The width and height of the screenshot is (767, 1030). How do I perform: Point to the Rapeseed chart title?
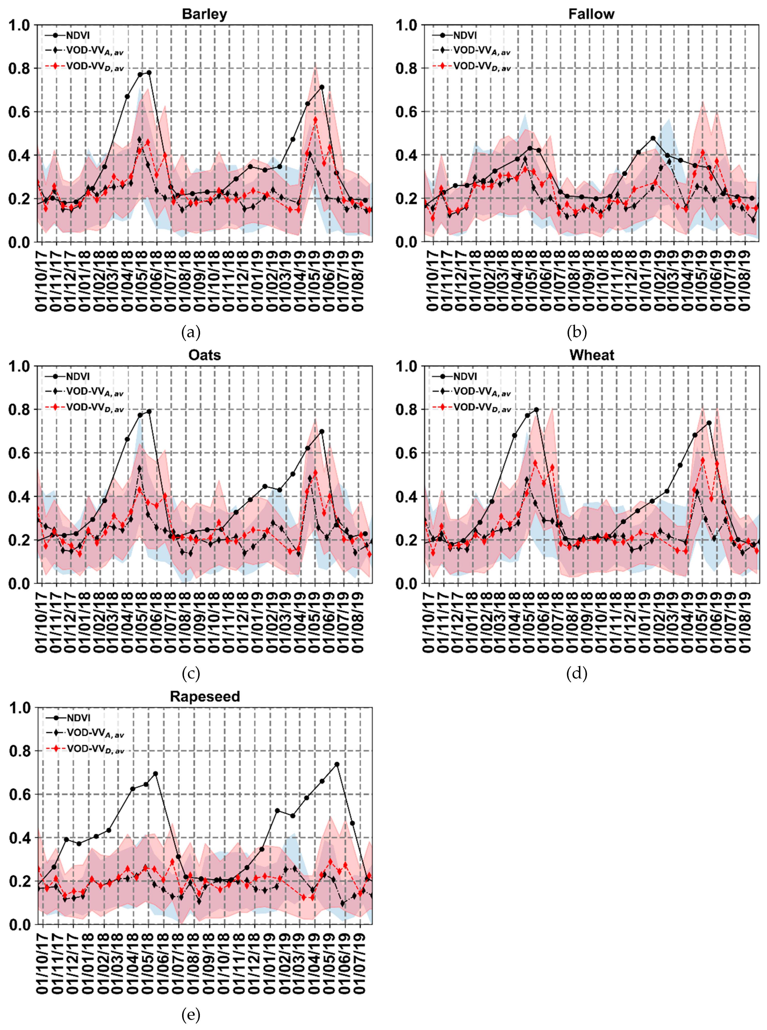click(205, 697)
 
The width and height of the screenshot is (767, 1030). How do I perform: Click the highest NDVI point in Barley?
click(149, 72)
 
